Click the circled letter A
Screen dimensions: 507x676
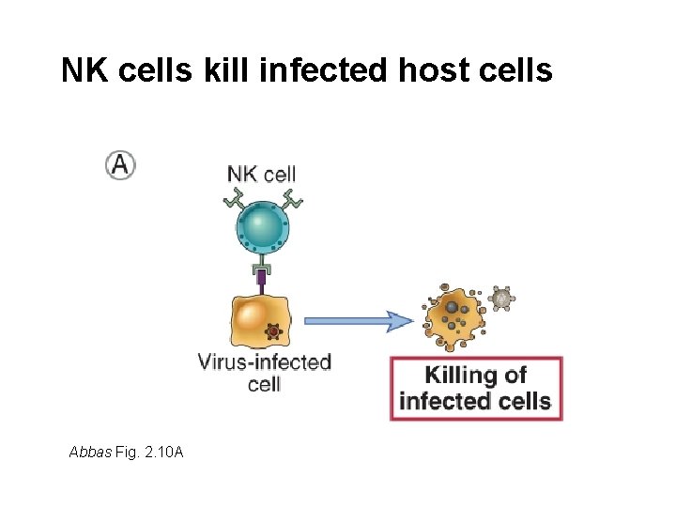120,165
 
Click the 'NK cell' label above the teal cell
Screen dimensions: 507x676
262,173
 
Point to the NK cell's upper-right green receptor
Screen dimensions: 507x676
293,197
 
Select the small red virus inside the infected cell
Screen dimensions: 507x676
273,331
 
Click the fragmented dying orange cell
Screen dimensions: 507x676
455,317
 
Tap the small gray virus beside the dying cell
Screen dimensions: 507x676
502,298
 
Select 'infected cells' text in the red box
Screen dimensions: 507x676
475,401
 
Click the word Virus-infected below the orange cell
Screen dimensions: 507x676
264,361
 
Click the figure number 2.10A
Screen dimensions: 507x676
159,453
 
